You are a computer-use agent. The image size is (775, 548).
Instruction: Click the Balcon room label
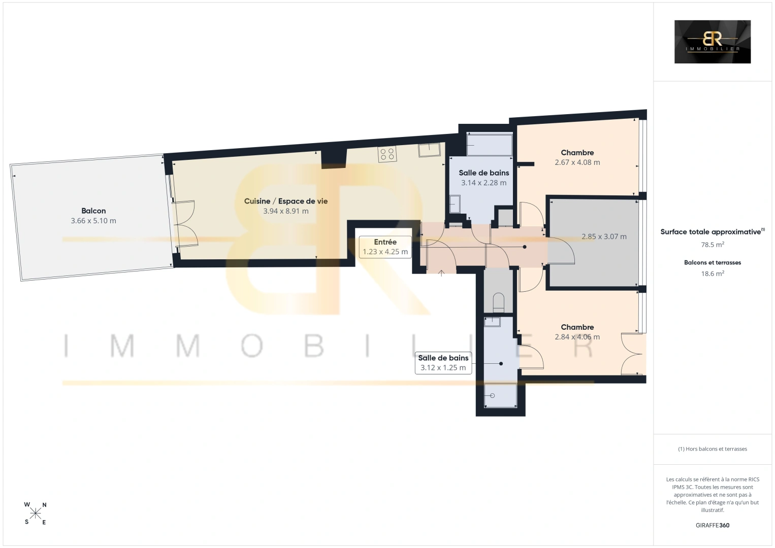coord(93,211)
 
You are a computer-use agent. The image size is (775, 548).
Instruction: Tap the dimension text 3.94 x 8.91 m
coord(286,211)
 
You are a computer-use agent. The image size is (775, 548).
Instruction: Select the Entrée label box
coord(385,247)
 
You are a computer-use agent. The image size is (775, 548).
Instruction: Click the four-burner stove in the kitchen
coord(387,154)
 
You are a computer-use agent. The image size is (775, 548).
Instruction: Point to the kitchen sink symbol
coord(429,150)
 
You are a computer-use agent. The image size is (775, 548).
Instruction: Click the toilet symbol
coord(499,302)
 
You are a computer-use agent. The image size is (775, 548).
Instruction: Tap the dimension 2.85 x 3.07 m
coord(604,236)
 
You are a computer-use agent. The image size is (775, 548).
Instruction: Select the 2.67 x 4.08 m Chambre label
coord(577,157)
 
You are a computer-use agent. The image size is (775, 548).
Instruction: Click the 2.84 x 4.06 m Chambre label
coord(577,332)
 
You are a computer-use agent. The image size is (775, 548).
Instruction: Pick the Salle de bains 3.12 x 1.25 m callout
coord(443,363)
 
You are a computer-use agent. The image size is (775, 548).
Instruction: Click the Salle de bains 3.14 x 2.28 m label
coord(483,178)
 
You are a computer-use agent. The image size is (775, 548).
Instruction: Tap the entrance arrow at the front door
coord(441,273)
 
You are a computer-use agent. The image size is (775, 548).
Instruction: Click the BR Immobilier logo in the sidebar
coord(713,42)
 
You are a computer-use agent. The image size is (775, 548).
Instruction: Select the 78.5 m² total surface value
coord(713,245)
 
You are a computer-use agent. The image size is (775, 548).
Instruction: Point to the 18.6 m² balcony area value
coord(713,273)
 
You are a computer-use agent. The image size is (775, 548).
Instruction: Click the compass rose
coord(35,513)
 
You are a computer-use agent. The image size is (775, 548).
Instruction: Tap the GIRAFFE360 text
coord(713,525)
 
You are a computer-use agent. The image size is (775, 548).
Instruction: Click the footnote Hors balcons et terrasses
coord(713,449)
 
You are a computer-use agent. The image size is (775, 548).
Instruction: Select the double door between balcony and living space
coord(185,223)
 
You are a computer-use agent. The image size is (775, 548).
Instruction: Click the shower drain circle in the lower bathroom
coord(492,396)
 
